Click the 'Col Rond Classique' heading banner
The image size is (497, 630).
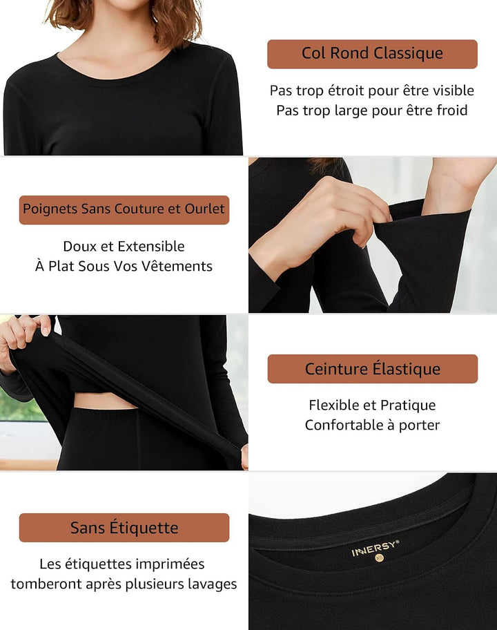[x=372, y=54]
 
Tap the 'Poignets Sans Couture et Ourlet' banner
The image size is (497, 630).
[x=124, y=210]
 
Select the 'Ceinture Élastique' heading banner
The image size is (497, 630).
[x=373, y=369]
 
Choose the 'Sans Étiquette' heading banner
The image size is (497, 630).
[x=124, y=528]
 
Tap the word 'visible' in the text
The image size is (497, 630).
[x=451, y=90]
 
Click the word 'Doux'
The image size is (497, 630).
[x=79, y=247]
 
